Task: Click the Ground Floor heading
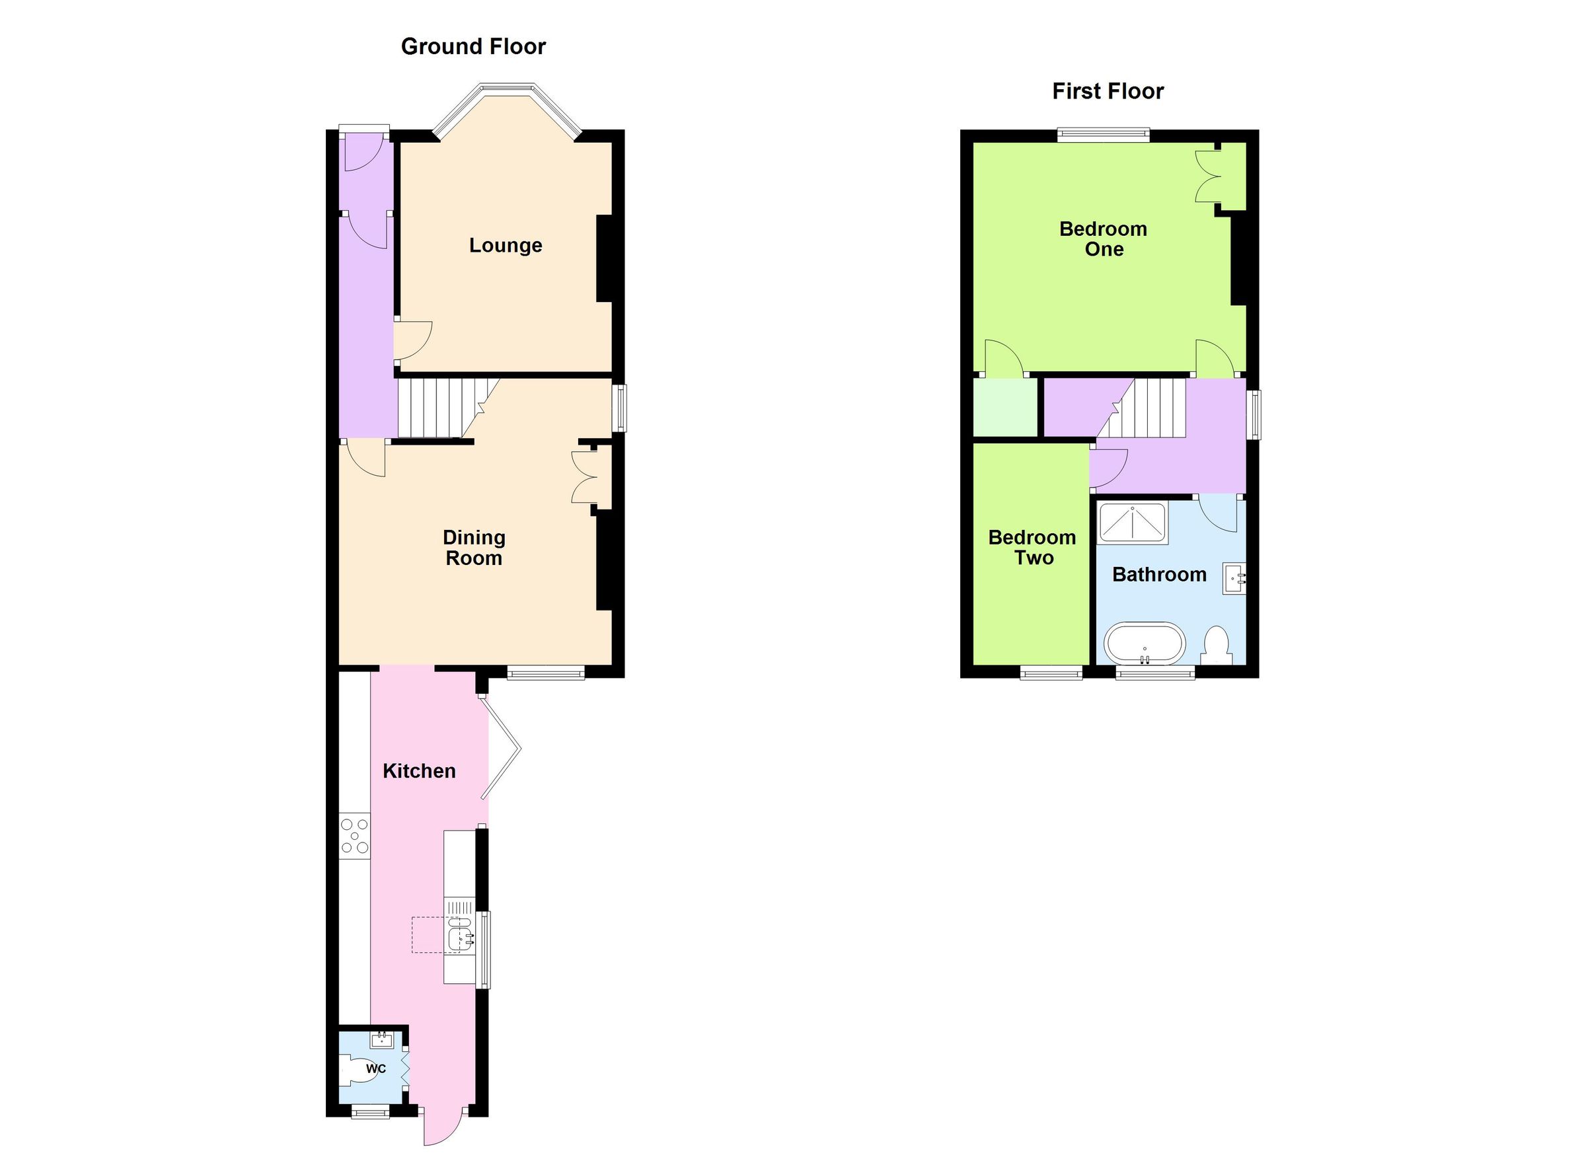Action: tap(472, 47)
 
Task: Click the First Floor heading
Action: tap(1108, 92)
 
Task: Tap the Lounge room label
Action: tap(505, 245)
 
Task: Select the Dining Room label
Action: tap(473, 548)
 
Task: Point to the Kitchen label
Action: tap(419, 771)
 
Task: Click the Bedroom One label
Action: tap(1103, 239)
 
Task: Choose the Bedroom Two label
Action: tap(1032, 548)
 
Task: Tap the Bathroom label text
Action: tap(1158, 575)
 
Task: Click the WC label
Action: tap(375, 1069)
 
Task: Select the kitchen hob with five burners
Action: tap(355, 837)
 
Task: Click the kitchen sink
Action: tap(461, 936)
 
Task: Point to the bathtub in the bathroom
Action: tap(1145, 643)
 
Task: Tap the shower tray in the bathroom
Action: tap(1132, 523)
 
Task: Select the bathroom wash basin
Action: tap(1234, 579)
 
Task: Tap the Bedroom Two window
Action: tap(1051, 673)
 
